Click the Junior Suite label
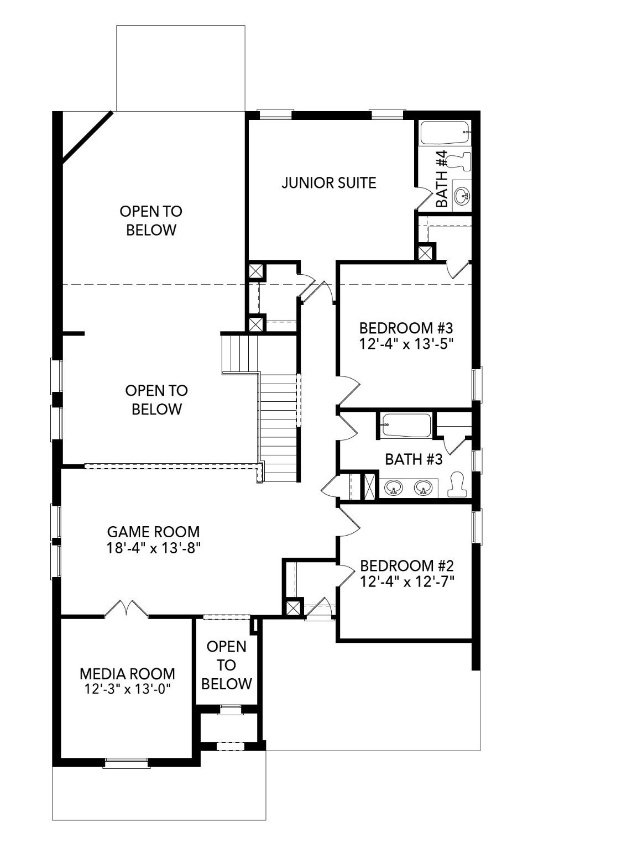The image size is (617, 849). click(x=329, y=182)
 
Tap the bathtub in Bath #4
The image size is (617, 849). click(x=445, y=133)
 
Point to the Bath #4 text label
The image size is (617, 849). click(x=441, y=179)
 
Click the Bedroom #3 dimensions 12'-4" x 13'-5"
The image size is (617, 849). click(x=406, y=343)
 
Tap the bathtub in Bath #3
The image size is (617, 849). click(x=405, y=426)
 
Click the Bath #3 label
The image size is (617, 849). click(x=414, y=459)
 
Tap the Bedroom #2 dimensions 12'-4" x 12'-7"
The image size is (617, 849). click(x=406, y=581)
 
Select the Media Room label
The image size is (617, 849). click(x=127, y=674)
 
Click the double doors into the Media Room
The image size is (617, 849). click(x=127, y=609)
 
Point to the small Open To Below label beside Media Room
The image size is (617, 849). click(x=227, y=665)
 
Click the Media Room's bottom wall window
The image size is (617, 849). click(x=127, y=763)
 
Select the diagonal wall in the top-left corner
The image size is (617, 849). click(x=87, y=136)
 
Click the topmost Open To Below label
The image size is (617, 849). click(x=151, y=220)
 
